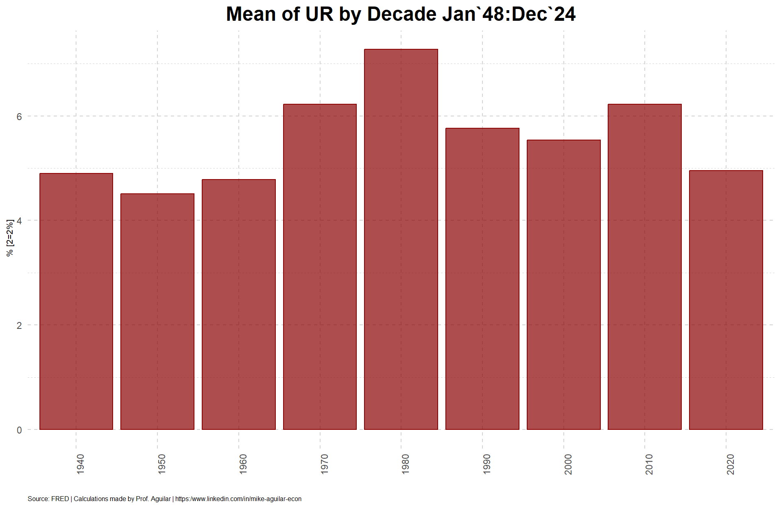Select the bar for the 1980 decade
click(x=401, y=239)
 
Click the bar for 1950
click(x=157, y=311)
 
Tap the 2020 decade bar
click(x=726, y=300)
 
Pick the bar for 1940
click(x=76, y=301)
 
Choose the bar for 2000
click(x=564, y=285)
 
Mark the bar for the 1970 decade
click(x=320, y=267)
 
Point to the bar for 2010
click(x=645, y=267)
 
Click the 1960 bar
click(x=239, y=304)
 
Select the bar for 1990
click(x=482, y=279)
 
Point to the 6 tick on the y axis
click(x=19, y=116)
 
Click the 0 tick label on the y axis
click(x=19, y=430)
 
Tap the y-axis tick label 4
click(x=19, y=221)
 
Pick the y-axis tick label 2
click(x=19, y=325)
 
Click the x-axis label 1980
click(x=406, y=464)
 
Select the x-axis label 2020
click(x=731, y=464)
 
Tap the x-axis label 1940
click(x=81, y=464)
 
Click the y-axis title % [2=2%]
click(x=10, y=238)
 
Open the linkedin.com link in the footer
click(x=238, y=499)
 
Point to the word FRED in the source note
click(x=60, y=499)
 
